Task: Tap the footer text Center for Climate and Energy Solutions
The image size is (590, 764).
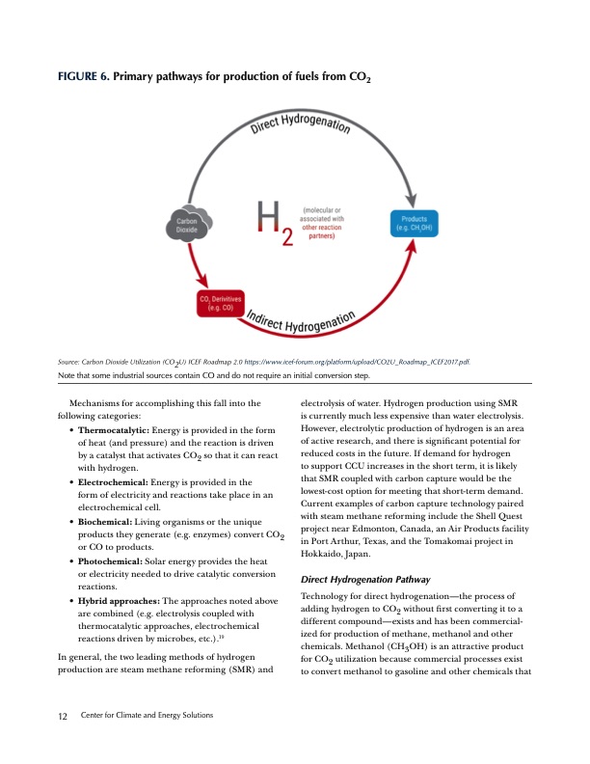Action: click(x=147, y=714)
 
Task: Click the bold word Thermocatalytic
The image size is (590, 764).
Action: click(x=113, y=427)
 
